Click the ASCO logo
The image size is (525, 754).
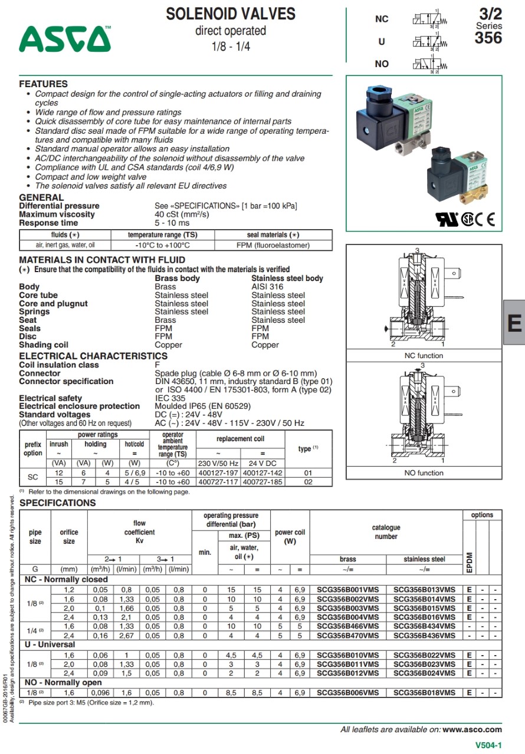tap(64, 39)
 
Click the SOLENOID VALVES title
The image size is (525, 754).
tap(231, 14)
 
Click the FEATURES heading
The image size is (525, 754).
tap(43, 84)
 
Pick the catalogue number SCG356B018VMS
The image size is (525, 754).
tap(424, 693)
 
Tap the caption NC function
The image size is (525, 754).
tap(424, 356)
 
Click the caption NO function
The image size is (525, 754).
tap(424, 473)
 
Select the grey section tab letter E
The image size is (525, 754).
tap(514, 323)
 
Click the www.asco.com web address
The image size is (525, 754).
tap(472, 729)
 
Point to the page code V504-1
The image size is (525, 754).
tap(489, 745)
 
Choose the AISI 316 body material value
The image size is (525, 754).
tap(267, 287)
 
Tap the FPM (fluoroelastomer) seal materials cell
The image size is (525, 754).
tap(273, 245)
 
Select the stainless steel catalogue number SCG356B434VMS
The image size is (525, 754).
tap(424, 627)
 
